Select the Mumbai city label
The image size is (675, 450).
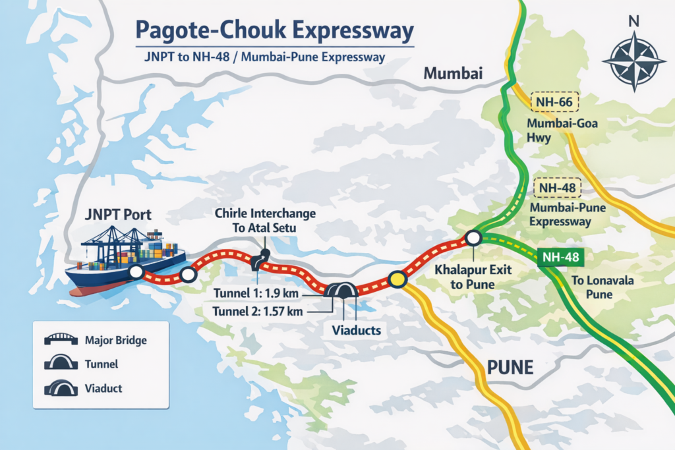click(x=453, y=73)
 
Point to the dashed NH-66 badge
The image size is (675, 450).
click(x=554, y=102)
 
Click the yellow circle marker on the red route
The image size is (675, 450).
click(x=396, y=280)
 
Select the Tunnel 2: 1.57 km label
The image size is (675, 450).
click(x=256, y=311)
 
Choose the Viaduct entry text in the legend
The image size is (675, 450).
click(x=103, y=388)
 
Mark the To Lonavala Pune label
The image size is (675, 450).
click(x=592, y=287)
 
